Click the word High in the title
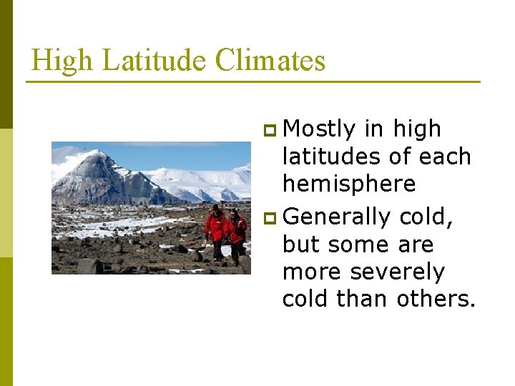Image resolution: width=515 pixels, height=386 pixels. [62, 60]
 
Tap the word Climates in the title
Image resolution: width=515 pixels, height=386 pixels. [270, 60]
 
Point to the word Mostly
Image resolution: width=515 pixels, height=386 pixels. [319, 129]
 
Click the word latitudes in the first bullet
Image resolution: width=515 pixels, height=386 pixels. [332, 157]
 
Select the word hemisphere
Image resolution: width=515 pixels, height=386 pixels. [349, 184]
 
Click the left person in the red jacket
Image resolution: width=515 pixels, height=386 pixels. [215, 229]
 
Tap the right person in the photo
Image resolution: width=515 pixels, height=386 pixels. [237, 230]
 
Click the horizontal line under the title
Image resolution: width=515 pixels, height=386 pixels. [253, 81]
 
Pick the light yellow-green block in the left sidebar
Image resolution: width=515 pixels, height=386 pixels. [6, 192]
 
